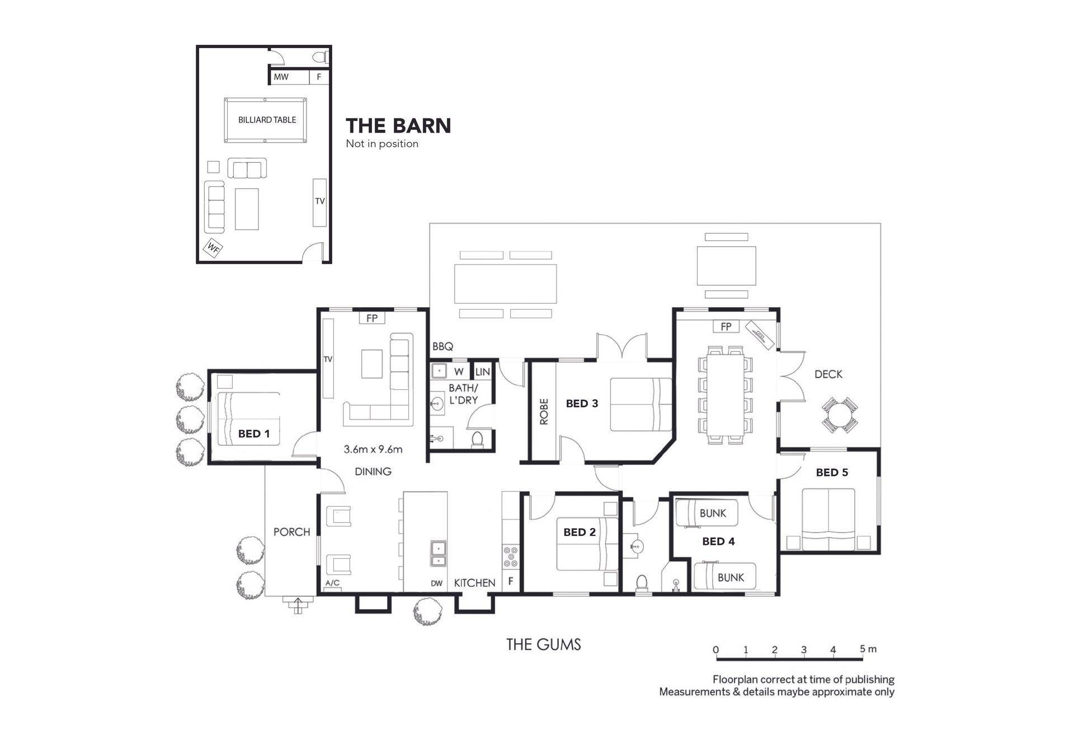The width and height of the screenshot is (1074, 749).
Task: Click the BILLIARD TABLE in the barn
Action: coord(266,120)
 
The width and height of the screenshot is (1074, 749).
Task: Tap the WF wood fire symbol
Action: coord(213,247)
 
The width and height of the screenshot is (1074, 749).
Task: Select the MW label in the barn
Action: coord(281,77)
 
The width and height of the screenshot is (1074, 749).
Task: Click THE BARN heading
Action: coord(398,126)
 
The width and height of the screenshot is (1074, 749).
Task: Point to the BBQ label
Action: coord(442,347)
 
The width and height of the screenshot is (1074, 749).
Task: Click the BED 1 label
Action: coord(254,434)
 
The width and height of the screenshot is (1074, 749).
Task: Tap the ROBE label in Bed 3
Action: coord(544,412)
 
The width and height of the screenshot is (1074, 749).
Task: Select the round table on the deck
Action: coord(840,415)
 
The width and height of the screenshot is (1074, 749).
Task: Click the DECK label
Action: coord(828,374)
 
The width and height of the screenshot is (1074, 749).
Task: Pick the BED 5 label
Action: coord(832,473)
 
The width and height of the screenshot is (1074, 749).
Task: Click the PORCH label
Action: coord(291,532)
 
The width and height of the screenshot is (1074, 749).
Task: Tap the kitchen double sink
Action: coord(438,554)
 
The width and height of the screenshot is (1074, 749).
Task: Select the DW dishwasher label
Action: coord(437,583)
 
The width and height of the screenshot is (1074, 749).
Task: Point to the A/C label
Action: coord(332,583)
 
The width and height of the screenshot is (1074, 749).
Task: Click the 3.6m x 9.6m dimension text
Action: coord(373,449)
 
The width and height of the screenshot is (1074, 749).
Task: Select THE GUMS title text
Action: coord(544,644)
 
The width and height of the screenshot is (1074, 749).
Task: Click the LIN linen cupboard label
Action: coord(482,371)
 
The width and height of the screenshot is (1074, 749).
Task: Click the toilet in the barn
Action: coord(320,56)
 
